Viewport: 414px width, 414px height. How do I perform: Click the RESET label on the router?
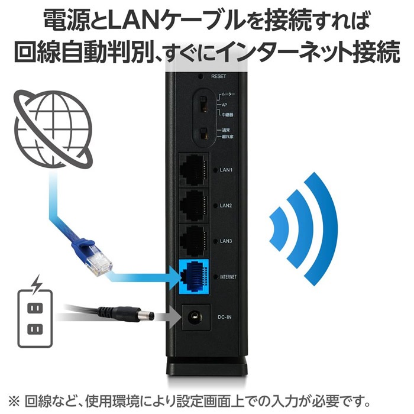click(x=219, y=76)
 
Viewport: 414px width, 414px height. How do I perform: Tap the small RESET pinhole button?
click(x=200, y=76)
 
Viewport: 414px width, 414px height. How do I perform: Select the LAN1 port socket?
click(x=194, y=170)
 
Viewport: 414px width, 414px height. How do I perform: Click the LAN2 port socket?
click(x=194, y=205)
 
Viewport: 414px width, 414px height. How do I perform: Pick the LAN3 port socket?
click(x=194, y=241)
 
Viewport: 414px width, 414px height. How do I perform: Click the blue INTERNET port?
click(x=194, y=277)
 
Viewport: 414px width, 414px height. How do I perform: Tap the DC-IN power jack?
click(x=196, y=317)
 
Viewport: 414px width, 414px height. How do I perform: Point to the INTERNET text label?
click(x=228, y=277)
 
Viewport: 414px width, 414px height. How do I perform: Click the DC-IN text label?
click(x=224, y=317)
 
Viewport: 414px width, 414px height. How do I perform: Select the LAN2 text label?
click(x=226, y=205)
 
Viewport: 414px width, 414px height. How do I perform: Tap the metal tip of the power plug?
click(x=147, y=315)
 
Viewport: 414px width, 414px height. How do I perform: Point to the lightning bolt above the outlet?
click(x=37, y=284)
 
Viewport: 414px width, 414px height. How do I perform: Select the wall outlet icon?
click(x=35, y=319)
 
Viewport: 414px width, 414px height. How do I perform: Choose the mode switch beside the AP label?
click(x=203, y=104)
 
